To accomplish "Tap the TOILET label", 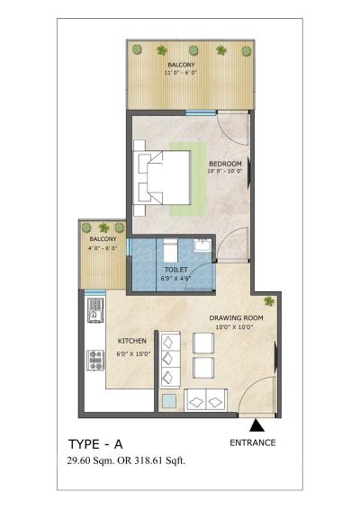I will pos(175,270).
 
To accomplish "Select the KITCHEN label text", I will pos(132,341).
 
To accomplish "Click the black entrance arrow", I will pos(256,426).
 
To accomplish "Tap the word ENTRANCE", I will pos(253,442).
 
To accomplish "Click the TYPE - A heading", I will pos(98,444).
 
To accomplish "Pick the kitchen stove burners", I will pos(95,361).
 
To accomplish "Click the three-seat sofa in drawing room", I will pos(168,360).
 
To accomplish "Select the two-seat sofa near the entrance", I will pos(207,399).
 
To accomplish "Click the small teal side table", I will pos(168,401).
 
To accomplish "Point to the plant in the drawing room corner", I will pos(270,301).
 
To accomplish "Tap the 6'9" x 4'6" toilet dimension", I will pos(175,279).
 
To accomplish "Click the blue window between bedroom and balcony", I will pos(196,112).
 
